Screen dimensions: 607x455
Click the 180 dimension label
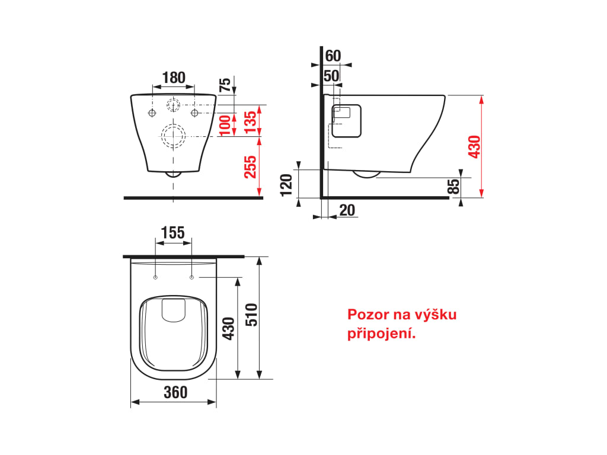pos(174,78)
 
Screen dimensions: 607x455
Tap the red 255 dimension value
pos(251,166)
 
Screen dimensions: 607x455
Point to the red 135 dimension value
pos(251,122)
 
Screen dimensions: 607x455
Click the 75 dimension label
pos(225,85)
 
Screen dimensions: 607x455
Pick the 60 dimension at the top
pos(333,56)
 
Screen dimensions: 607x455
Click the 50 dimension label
pos(331,76)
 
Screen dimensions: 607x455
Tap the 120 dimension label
pos(286,185)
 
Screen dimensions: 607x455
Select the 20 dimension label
pos(347,210)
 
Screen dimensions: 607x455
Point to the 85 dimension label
pos(453,186)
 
